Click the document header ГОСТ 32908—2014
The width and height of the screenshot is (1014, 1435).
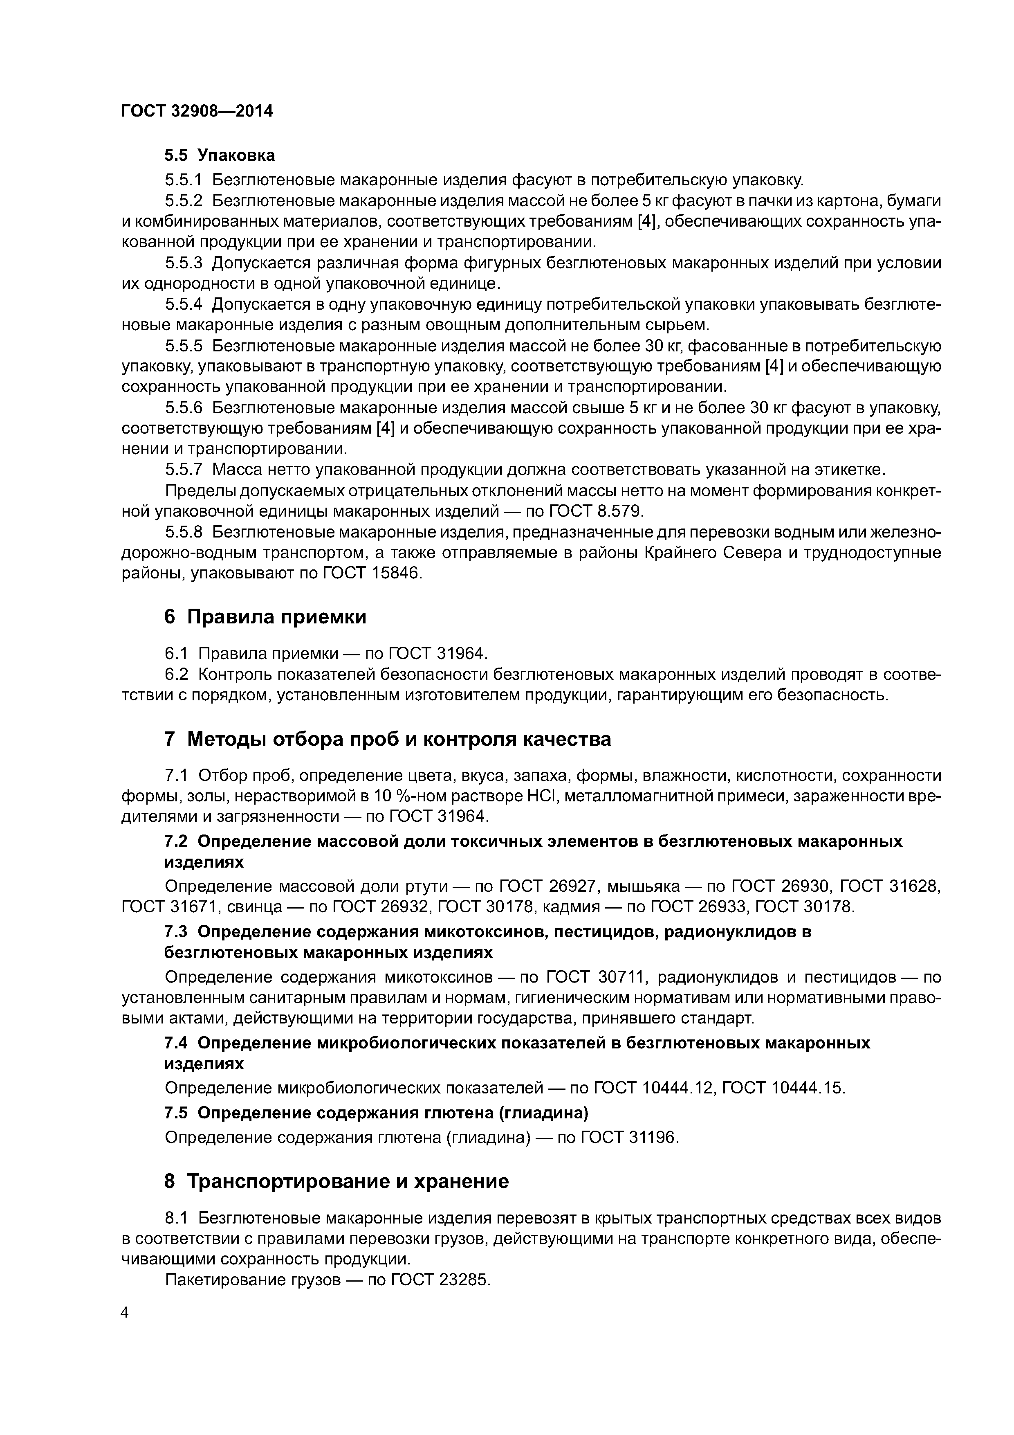(197, 111)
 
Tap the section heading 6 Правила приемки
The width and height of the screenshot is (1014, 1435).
(265, 617)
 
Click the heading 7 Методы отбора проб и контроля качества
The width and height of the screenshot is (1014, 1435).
(387, 739)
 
